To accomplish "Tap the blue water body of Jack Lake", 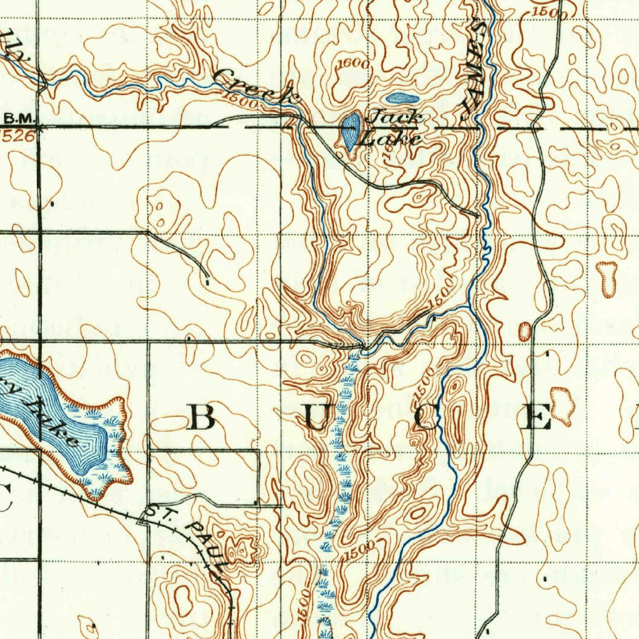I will tap(349, 130).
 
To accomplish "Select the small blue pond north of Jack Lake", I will tap(402, 98).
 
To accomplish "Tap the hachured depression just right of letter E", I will tap(563, 406).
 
